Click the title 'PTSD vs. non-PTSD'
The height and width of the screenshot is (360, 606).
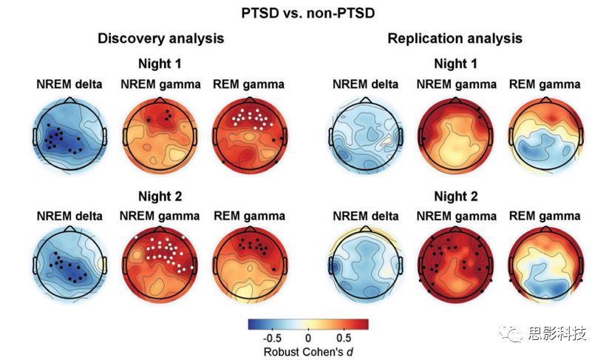[x=308, y=13]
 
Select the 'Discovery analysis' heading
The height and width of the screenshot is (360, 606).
[x=161, y=38]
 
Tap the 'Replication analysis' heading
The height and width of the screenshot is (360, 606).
[x=455, y=38]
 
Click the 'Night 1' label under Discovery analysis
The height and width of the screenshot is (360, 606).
[x=160, y=64]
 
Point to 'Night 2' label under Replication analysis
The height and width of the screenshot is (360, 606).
[x=456, y=196]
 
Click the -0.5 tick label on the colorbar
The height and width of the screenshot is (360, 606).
[x=272, y=339]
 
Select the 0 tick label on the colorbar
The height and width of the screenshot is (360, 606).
[x=308, y=339]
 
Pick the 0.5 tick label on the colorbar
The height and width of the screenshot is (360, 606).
[x=344, y=339]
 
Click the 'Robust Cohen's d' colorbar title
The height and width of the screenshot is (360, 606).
[x=308, y=352]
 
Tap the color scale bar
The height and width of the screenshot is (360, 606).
[x=308, y=324]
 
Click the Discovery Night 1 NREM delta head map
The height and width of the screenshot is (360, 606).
[x=69, y=135]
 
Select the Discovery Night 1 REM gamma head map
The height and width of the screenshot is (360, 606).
[x=250, y=135]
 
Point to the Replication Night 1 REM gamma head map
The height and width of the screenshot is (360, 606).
[x=545, y=135]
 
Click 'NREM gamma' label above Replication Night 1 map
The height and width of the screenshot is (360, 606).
[x=457, y=84]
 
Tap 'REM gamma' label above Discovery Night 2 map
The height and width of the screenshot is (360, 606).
[x=249, y=216]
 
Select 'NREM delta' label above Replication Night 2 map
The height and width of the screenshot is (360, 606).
[x=366, y=216]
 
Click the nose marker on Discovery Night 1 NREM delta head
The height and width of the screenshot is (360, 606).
[x=69, y=100]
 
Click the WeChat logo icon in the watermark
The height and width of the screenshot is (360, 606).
[x=511, y=333]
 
